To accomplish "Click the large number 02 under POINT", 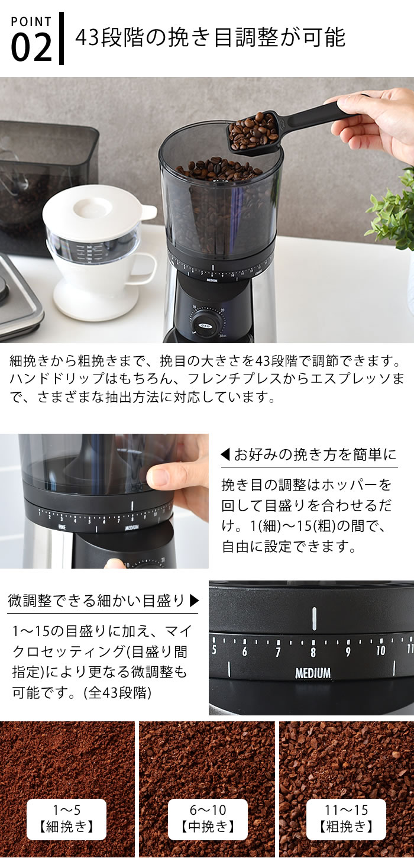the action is pyautogui.click(x=31, y=47).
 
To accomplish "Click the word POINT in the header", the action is pyautogui.click(x=31, y=21).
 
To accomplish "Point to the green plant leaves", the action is pyautogui.click(x=392, y=209).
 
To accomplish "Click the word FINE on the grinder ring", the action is pyautogui.click(x=62, y=527).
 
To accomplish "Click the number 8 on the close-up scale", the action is pyautogui.click(x=313, y=652).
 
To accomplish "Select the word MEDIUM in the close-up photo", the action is pyautogui.click(x=313, y=673).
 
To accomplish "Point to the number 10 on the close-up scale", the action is pyautogui.click(x=381, y=650).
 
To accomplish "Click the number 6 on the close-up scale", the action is pyautogui.click(x=244, y=651).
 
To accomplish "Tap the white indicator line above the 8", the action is pyautogui.click(x=314, y=618).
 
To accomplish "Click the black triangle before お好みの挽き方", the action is pyautogui.click(x=225, y=455).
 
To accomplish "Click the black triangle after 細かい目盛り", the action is pyautogui.click(x=195, y=601).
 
